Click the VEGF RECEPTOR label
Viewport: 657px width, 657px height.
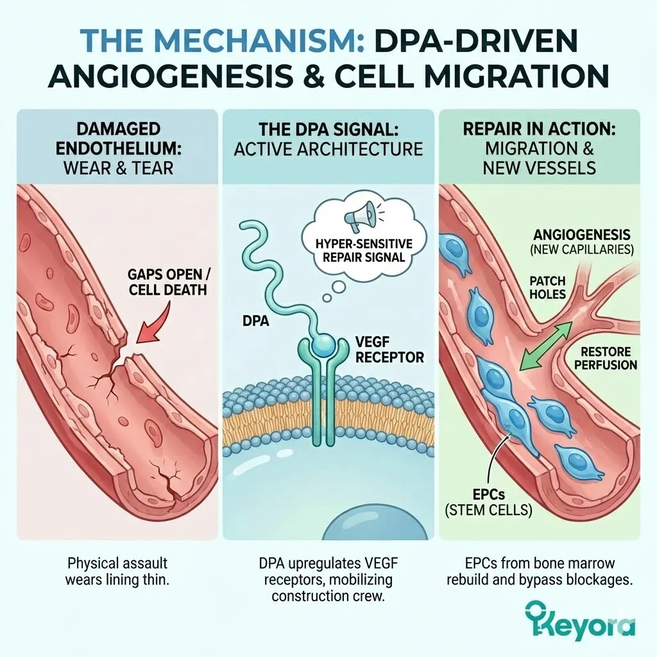[390, 350]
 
